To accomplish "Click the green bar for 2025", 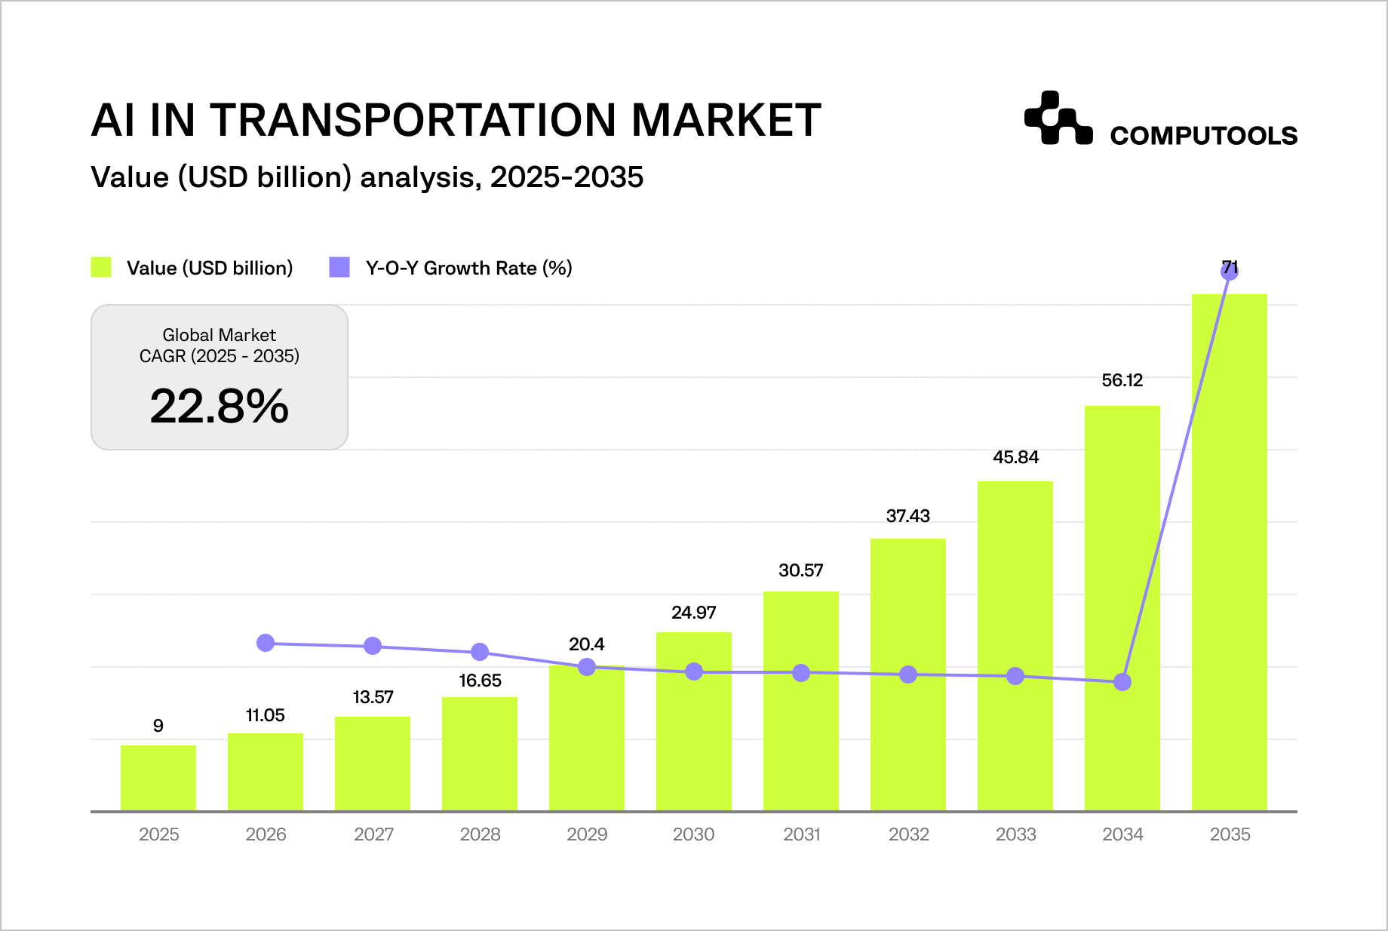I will [x=158, y=778].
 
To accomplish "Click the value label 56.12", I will [x=1122, y=380].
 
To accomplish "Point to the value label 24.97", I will [x=693, y=613].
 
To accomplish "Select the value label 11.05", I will [x=265, y=715].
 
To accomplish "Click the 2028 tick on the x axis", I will [x=480, y=834].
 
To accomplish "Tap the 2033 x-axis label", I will [x=1015, y=834].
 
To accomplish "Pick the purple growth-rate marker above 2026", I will [x=266, y=643].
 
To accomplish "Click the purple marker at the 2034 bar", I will [x=1122, y=682].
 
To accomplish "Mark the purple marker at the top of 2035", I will [x=1229, y=272].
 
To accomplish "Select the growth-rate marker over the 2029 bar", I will [x=587, y=667].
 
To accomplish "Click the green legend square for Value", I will [x=101, y=267].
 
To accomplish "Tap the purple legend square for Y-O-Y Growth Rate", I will [x=339, y=267].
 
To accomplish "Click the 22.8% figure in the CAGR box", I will [x=219, y=407].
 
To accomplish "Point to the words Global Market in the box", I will [x=219, y=335].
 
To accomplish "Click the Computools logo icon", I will [x=1058, y=118].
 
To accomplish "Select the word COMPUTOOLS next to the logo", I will [x=1203, y=136].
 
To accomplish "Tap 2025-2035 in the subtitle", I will [x=567, y=177].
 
